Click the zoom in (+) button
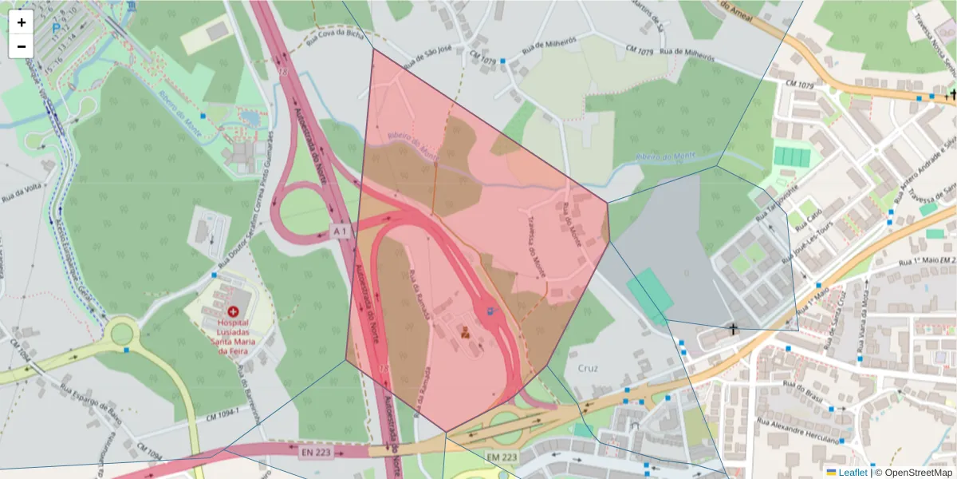pyautogui.click(x=22, y=22)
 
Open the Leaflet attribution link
pyautogui.click(x=852, y=473)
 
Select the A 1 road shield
pyautogui.click(x=341, y=231)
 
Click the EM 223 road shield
pyautogui.click(x=501, y=457)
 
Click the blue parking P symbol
pyautogui.click(x=56, y=27)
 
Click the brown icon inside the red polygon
pyautogui.click(x=465, y=331)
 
